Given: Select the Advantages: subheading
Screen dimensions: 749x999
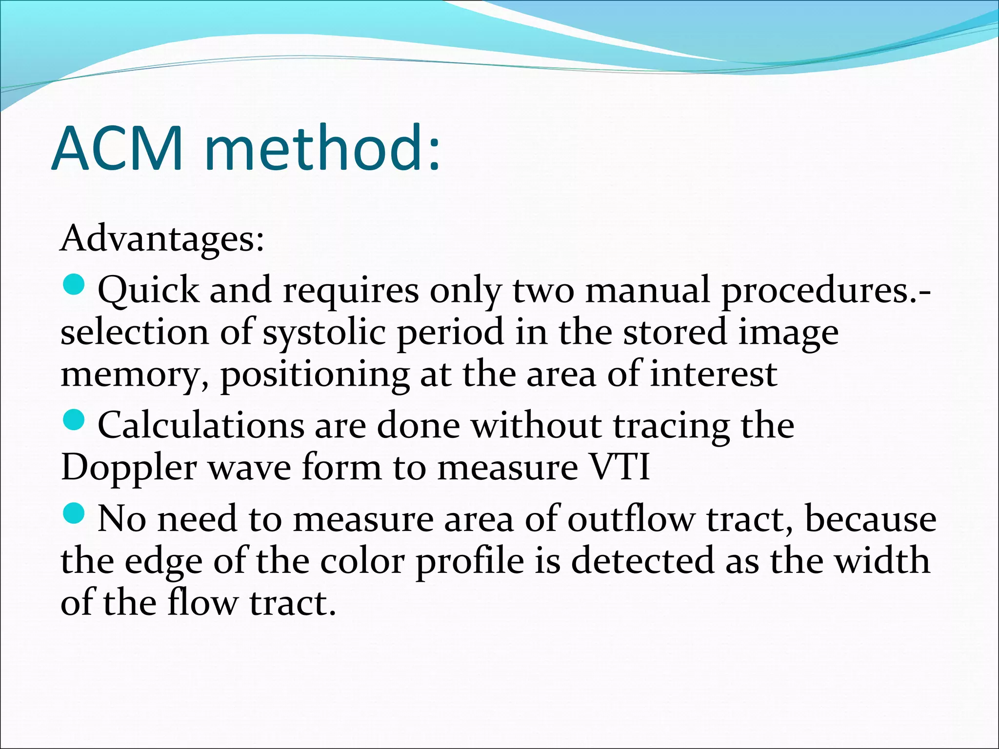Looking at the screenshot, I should [161, 239].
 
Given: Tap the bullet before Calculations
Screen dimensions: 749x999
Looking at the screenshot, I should [75, 420].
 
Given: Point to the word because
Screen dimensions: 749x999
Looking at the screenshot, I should [870, 519].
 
